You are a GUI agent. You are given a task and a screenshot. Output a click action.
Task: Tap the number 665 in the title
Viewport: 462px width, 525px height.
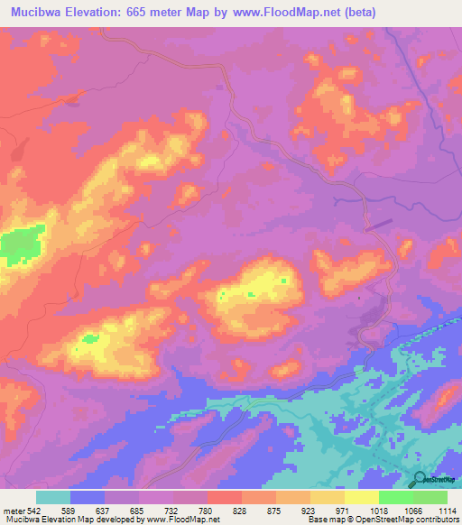(148, 13)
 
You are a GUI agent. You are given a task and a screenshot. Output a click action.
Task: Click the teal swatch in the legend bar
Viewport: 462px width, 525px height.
(53, 497)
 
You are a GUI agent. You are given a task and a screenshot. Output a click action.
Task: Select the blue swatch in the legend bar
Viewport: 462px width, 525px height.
(88, 497)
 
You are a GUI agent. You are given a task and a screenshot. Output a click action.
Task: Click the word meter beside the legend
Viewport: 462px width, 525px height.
(11, 511)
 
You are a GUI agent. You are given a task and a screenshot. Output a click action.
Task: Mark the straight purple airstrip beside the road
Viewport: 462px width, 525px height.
(380, 223)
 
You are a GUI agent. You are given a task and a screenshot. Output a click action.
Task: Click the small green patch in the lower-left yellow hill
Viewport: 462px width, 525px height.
(89, 338)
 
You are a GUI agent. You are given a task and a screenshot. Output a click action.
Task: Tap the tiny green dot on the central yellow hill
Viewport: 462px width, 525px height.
(283, 281)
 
